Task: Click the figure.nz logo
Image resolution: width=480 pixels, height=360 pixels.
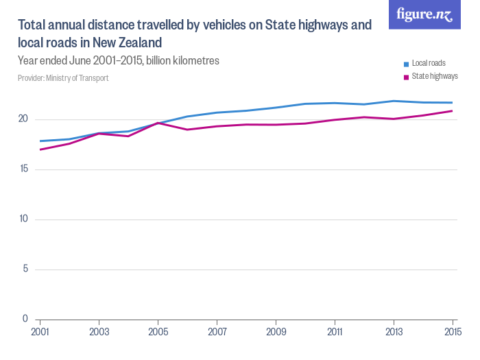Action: point(424,14)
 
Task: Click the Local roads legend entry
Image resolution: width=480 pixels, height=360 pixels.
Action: point(428,63)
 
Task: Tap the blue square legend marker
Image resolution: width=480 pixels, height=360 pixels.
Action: point(407,64)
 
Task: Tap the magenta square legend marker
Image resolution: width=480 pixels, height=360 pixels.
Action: point(407,77)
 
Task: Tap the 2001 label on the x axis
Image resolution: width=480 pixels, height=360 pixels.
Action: point(40,331)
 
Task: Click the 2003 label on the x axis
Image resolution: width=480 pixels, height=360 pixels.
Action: point(99,331)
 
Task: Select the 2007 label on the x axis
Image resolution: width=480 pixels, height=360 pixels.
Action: point(217,331)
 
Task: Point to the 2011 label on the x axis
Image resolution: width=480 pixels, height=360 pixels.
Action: point(335,331)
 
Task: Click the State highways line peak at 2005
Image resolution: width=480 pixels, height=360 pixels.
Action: point(158,123)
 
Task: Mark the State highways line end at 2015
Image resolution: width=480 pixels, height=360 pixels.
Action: point(452,110)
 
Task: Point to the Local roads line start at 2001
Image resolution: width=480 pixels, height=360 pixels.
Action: point(40,141)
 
